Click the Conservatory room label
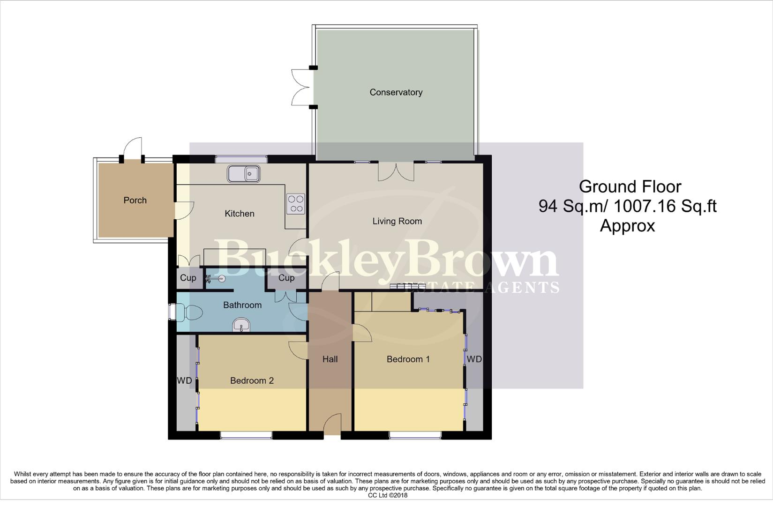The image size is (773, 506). pos(396,92)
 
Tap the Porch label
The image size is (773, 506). pos(135,200)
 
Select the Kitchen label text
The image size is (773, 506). pos(240,214)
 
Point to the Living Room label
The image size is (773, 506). pos(397,221)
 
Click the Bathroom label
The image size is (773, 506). pos(242,305)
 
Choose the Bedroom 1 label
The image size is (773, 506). pos(408,359)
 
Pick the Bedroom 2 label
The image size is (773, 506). pos(252,380)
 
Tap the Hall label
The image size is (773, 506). pos(330,359)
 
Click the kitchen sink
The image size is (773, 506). pos(244,174)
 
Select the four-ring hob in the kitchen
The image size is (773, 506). pos(296,204)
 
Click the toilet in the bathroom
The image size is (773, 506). pos(188,313)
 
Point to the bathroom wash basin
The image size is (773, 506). pos(241,325)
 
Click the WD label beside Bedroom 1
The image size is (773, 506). pos(474,359)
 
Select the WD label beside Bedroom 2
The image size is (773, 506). pos(184,380)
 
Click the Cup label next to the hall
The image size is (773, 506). pos(286,278)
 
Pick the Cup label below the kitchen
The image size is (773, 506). pos(188,278)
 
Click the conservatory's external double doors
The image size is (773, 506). pos(300,87)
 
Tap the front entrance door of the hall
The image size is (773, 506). pos(332,424)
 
